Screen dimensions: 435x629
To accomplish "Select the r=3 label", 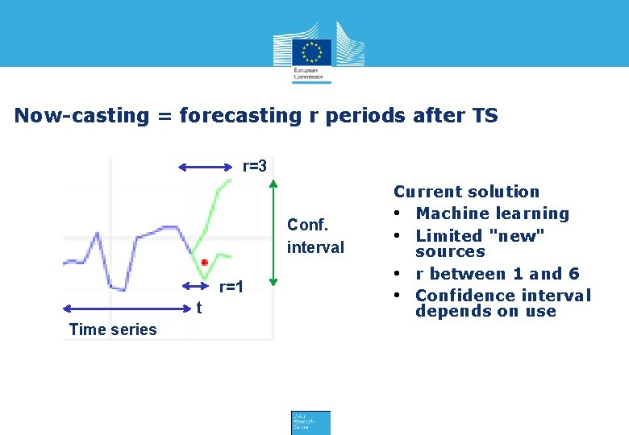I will tap(254, 167).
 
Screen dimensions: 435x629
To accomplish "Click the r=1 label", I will tap(231, 287).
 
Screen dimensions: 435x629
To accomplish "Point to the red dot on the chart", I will tap(205, 263).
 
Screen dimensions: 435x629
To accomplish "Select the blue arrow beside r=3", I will tap(206, 167).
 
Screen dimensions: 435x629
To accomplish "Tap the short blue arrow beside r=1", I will tap(196, 286).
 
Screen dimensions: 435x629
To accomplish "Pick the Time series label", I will tap(113, 329).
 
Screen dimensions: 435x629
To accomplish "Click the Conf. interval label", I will tap(315, 236).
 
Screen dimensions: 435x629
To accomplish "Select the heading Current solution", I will tap(466, 192).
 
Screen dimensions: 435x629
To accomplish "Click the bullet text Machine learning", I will tap(492, 213).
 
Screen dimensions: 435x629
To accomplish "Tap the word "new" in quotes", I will tap(516, 236).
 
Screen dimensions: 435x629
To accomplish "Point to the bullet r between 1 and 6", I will tap(497, 274).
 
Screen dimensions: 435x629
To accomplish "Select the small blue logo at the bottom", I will tap(310, 422).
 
